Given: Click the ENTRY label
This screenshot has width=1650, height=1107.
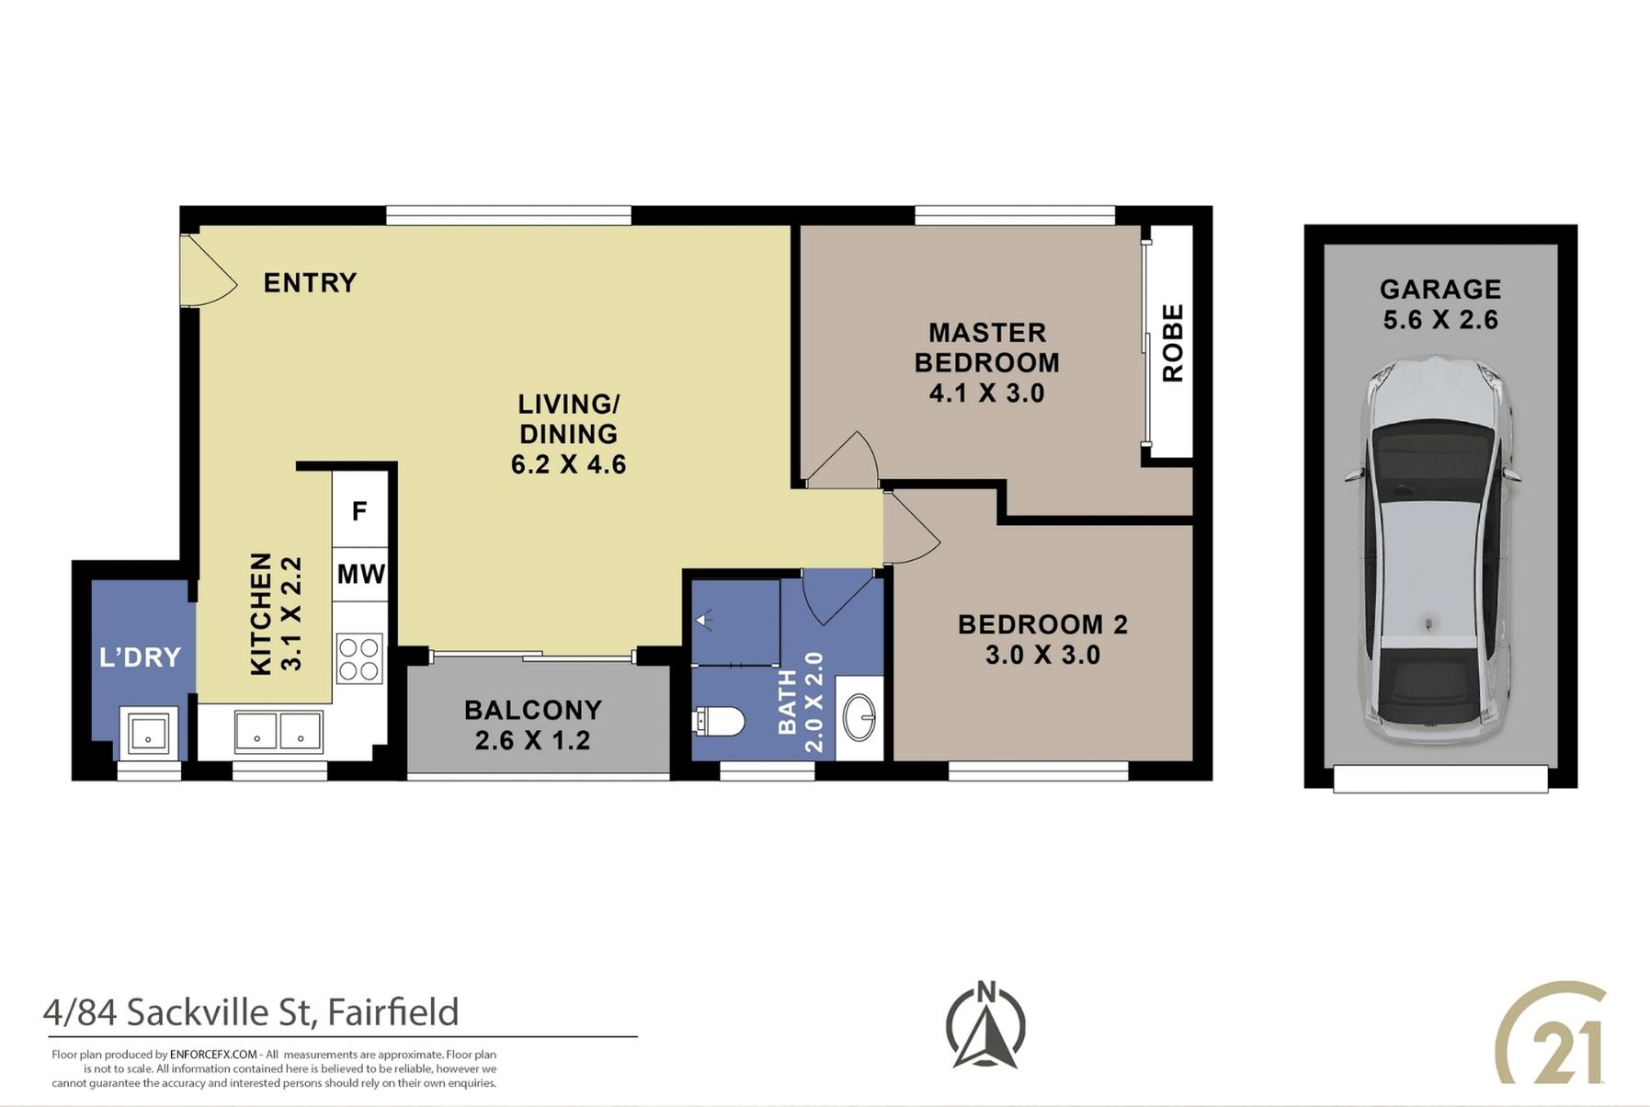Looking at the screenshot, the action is tap(310, 282).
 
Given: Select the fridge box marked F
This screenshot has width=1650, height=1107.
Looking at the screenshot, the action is tap(360, 510).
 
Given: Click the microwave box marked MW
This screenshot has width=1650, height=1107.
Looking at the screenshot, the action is tap(360, 575).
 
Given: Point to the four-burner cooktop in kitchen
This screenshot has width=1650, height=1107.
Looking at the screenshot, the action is tap(359, 658).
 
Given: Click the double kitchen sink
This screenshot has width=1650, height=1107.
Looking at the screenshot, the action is tap(279, 732).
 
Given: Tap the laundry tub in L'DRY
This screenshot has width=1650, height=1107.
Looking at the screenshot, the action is tap(148, 733).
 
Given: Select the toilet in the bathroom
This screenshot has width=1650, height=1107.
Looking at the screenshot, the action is tap(718, 721).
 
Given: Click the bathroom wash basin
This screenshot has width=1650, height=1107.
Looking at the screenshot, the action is tap(859, 716).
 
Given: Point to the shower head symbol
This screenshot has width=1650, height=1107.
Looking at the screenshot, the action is tap(704, 620).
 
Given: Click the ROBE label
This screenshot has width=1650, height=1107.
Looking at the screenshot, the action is tap(1172, 343).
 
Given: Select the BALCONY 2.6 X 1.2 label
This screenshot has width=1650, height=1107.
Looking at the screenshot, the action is tap(533, 725).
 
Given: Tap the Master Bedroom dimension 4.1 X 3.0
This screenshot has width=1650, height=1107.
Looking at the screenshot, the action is tap(986, 394).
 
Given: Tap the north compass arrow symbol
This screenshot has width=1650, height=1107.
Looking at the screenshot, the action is tap(985, 1028).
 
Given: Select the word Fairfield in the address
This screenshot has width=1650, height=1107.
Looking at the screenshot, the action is tap(393, 1012).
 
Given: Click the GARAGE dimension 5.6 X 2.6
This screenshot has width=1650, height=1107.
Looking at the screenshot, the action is tap(1440, 320).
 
